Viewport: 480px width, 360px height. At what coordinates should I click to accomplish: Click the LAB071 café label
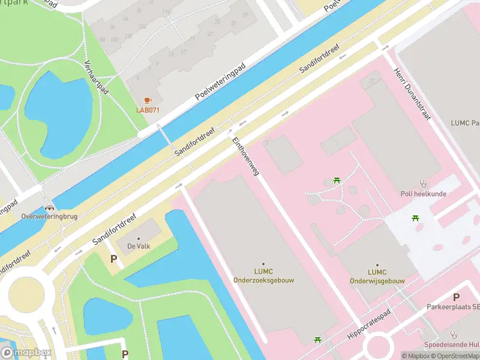click(148, 109)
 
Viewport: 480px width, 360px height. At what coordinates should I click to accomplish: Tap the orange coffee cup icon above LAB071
click(148, 100)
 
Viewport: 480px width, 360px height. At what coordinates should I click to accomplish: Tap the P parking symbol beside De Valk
click(113, 259)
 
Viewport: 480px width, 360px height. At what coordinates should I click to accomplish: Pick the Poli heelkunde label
click(423, 194)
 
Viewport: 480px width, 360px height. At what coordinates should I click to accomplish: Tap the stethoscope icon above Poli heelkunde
click(423, 184)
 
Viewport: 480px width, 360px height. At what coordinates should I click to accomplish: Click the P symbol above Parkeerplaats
click(456, 297)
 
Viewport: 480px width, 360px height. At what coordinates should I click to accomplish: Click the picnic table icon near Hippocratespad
click(318, 340)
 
